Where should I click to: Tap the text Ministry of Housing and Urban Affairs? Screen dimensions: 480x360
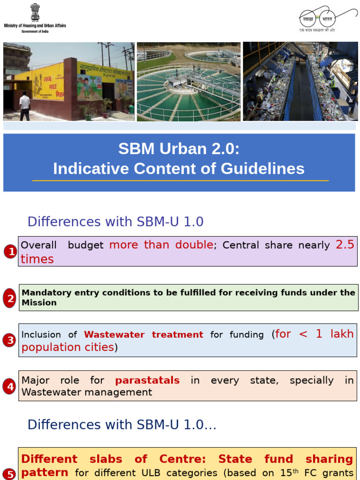click(x=35, y=25)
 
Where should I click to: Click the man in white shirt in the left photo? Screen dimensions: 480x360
click(x=24, y=105)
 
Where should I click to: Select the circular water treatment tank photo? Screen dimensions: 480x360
click(x=188, y=82)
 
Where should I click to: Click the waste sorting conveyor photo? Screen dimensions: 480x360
click(x=300, y=82)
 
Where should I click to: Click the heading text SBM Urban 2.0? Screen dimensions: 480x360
click(x=179, y=149)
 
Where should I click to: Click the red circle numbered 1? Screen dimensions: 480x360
click(x=10, y=252)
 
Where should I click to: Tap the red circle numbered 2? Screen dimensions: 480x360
click(x=9, y=298)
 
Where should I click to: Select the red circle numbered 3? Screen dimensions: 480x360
click(x=9, y=341)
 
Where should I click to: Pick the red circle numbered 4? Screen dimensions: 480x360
click(x=9, y=387)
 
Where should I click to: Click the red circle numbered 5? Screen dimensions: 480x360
click(x=9, y=473)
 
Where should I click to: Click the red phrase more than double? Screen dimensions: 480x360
click(x=161, y=245)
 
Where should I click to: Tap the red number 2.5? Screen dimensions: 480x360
click(x=345, y=244)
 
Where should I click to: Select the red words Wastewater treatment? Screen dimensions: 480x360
click(x=143, y=335)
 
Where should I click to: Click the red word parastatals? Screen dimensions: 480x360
click(x=147, y=380)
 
